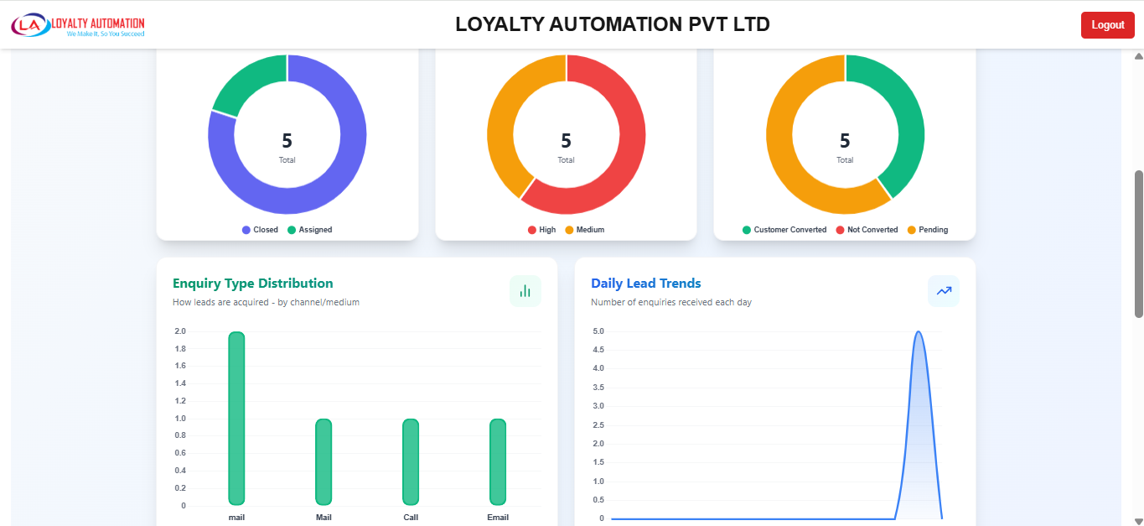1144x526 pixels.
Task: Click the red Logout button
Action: coord(1107,25)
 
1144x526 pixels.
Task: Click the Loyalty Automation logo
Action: coord(78,25)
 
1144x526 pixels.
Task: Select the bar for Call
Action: coord(411,461)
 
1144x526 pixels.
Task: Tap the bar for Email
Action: coord(498,461)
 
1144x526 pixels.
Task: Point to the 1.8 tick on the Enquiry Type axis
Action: coord(180,349)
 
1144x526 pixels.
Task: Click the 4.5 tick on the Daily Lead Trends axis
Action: coord(598,349)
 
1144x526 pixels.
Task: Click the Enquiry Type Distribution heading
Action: coord(252,284)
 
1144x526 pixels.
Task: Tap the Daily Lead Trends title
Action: coord(645,284)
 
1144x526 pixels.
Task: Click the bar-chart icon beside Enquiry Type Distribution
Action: coord(525,291)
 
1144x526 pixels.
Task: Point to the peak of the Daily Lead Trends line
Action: coord(919,332)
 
